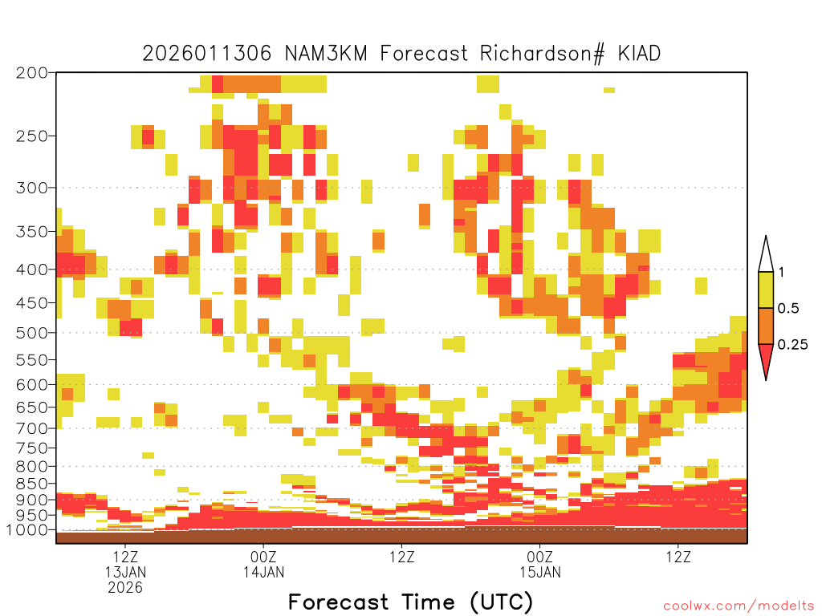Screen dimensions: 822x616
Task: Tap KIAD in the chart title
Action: click(639, 54)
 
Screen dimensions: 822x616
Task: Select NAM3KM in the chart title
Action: click(326, 54)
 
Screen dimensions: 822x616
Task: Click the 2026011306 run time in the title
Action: click(207, 54)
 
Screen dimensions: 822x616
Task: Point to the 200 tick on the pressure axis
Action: click(31, 73)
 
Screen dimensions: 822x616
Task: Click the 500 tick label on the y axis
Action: click(31, 333)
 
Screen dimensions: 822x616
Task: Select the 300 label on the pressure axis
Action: click(31, 188)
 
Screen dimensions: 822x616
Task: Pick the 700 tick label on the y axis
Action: click(31, 428)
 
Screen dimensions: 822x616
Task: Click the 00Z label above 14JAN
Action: click(263, 557)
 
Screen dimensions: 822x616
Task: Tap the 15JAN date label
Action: click(540, 572)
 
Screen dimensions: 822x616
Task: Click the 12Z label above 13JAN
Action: click(125, 557)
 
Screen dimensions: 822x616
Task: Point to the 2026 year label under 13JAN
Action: click(125, 588)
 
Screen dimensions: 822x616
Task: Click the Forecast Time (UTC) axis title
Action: click(410, 602)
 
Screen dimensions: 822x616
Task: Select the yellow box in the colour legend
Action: click(766, 290)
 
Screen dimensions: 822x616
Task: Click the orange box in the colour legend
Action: click(766, 326)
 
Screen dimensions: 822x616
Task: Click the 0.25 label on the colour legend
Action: click(792, 345)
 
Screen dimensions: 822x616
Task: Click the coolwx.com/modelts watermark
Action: click(739, 606)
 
